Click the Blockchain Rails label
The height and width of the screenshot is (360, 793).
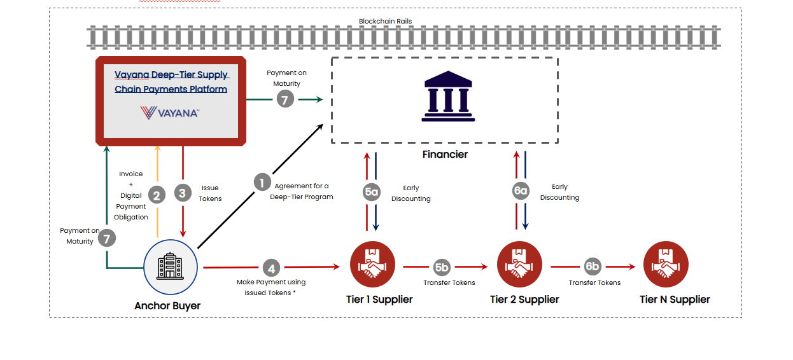(x=385, y=21)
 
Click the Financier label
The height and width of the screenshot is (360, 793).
(x=445, y=155)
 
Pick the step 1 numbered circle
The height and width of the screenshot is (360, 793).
(x=262, y=183)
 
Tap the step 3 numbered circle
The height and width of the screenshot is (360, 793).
(x=183, y=193)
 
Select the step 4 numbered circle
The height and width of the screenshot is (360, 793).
(x=272, y=267)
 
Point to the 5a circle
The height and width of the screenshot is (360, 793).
(x=372, y=193)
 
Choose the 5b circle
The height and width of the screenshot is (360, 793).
(x=441, y=267)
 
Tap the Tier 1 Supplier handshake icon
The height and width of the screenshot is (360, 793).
(x=373, y=265)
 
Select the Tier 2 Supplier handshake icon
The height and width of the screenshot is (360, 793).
(x=519, y=265)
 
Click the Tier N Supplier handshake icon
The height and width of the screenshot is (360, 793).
(x=666, y=265)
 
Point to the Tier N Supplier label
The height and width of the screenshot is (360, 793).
(x=675, y=299)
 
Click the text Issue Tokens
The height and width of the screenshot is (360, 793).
(x=211, y=193)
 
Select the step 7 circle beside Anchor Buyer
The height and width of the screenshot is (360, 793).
(x=107, y=239)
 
